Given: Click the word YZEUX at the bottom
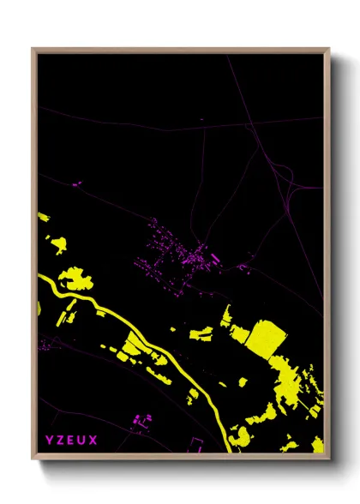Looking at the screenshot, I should [72, 441].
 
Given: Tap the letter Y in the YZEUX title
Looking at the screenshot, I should [50, 441].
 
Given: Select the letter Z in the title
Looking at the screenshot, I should [61, 441].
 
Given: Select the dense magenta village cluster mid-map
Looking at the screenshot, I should [184, 253].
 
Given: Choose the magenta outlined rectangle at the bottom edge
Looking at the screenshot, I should [196, 444].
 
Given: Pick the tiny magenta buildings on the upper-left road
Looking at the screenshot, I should [75, 183].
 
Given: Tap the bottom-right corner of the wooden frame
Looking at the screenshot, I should [328, 458].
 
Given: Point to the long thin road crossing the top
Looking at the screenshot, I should [171, 129].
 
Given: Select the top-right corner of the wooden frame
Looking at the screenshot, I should [328, 50].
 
